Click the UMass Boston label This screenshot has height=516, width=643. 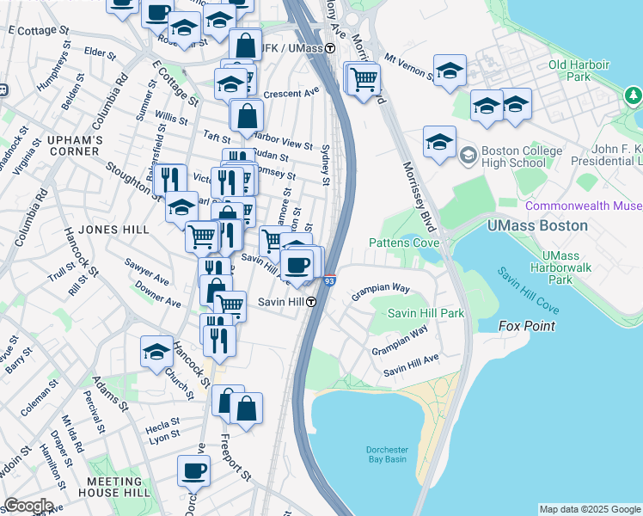(537, 225)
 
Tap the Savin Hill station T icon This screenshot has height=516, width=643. (315, 302)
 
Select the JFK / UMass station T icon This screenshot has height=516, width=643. (330, 49)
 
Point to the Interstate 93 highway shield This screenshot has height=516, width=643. (330, 280)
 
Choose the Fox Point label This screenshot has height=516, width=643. (527, 326)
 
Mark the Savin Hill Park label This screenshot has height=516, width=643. (426, 313)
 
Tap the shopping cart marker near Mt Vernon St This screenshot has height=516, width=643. (364, 79)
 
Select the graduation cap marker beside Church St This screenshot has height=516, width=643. (156, 352)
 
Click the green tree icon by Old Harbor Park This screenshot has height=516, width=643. (634, 93)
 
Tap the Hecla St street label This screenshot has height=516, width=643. (162, 423)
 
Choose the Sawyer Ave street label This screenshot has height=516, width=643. (146, 279)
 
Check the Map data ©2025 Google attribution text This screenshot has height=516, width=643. (590, 509)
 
